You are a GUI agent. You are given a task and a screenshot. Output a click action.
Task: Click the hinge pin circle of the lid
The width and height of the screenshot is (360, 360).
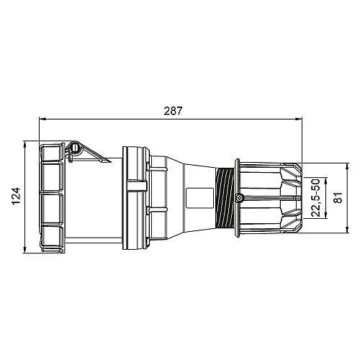point(74,149)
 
